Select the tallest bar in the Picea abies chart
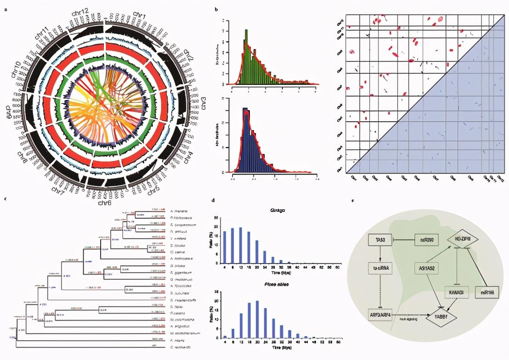257,319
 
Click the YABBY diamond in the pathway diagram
443,317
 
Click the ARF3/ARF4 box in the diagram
379,315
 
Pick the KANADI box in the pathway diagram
457,292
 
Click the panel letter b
216,9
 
